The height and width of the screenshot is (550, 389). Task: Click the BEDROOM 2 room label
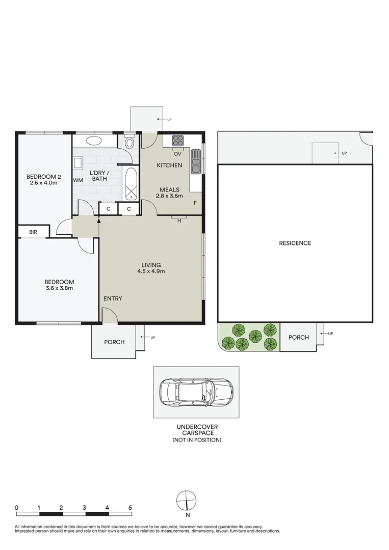(x=44, y=177)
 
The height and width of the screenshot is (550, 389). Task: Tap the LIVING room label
(x=151, y=265)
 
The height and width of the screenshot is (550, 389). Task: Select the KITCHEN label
(x=169, y=166)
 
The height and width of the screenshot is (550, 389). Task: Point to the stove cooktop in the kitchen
(x=178, y=141)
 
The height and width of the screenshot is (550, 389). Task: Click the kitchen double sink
(x=196, y=161)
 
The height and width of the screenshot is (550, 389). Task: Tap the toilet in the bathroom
(x=129, y=142)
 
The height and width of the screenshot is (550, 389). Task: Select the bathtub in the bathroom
(x=132, y=184)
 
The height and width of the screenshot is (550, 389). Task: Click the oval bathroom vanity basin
(x=94, y=141)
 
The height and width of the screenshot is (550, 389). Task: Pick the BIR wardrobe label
(x=33, y=232)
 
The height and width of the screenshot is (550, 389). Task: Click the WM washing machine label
(x=78, y=180)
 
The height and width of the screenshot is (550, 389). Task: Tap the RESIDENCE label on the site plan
(x=295, y=243)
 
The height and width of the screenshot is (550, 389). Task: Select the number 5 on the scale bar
(x=130, y=507)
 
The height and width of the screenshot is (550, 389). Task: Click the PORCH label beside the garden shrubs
(x=298, y=337)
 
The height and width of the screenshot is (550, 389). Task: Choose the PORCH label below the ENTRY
(x=114, y=342)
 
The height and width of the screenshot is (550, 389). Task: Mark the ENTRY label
(x=113, y=298)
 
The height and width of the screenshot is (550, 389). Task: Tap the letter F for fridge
(x=195, y=204)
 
